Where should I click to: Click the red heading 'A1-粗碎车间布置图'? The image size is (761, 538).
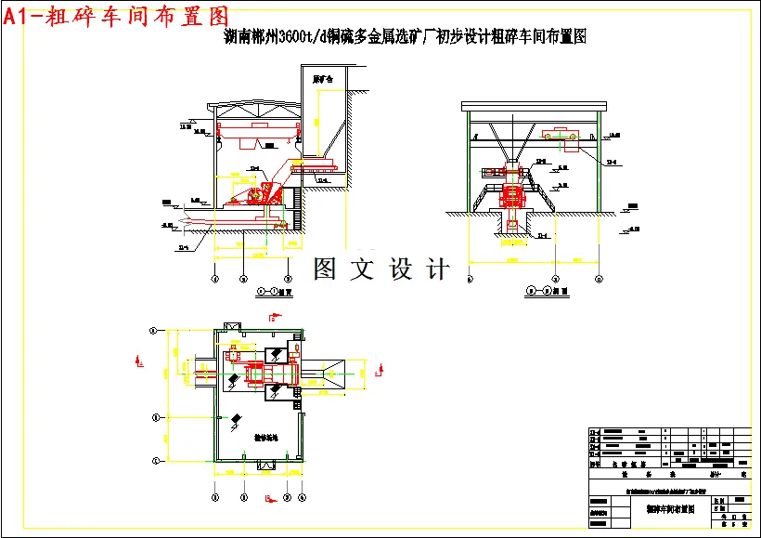tap(116, 16)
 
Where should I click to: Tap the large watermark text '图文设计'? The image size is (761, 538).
tap(381, 269)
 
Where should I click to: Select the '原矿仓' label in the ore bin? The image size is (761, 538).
tap(323, 80)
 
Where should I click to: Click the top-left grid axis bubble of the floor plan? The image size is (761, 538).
tap(155, 329)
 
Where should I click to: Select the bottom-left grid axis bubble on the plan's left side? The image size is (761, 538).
tap(155, 462)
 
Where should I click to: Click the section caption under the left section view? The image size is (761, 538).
tap(273, 292)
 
